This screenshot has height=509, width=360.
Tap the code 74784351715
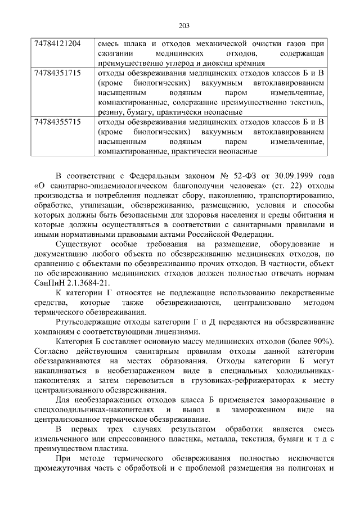(57, 73)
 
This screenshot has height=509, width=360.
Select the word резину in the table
(110, 111)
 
